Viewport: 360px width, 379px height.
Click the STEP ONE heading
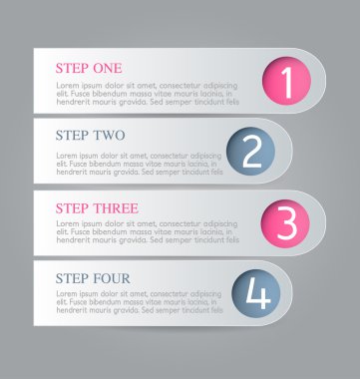coord(89,68)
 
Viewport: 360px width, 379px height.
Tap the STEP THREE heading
coord(97,207)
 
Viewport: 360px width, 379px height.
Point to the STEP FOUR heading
coord(93,277)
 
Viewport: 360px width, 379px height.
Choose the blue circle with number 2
coord(251,152)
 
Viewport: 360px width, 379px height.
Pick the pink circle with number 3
coord(286,222)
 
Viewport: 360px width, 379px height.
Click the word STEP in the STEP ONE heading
coord(71,68)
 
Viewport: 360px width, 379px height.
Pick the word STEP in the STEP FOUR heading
coord(71,277)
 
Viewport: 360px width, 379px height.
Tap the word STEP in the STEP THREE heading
coord(71,207)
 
